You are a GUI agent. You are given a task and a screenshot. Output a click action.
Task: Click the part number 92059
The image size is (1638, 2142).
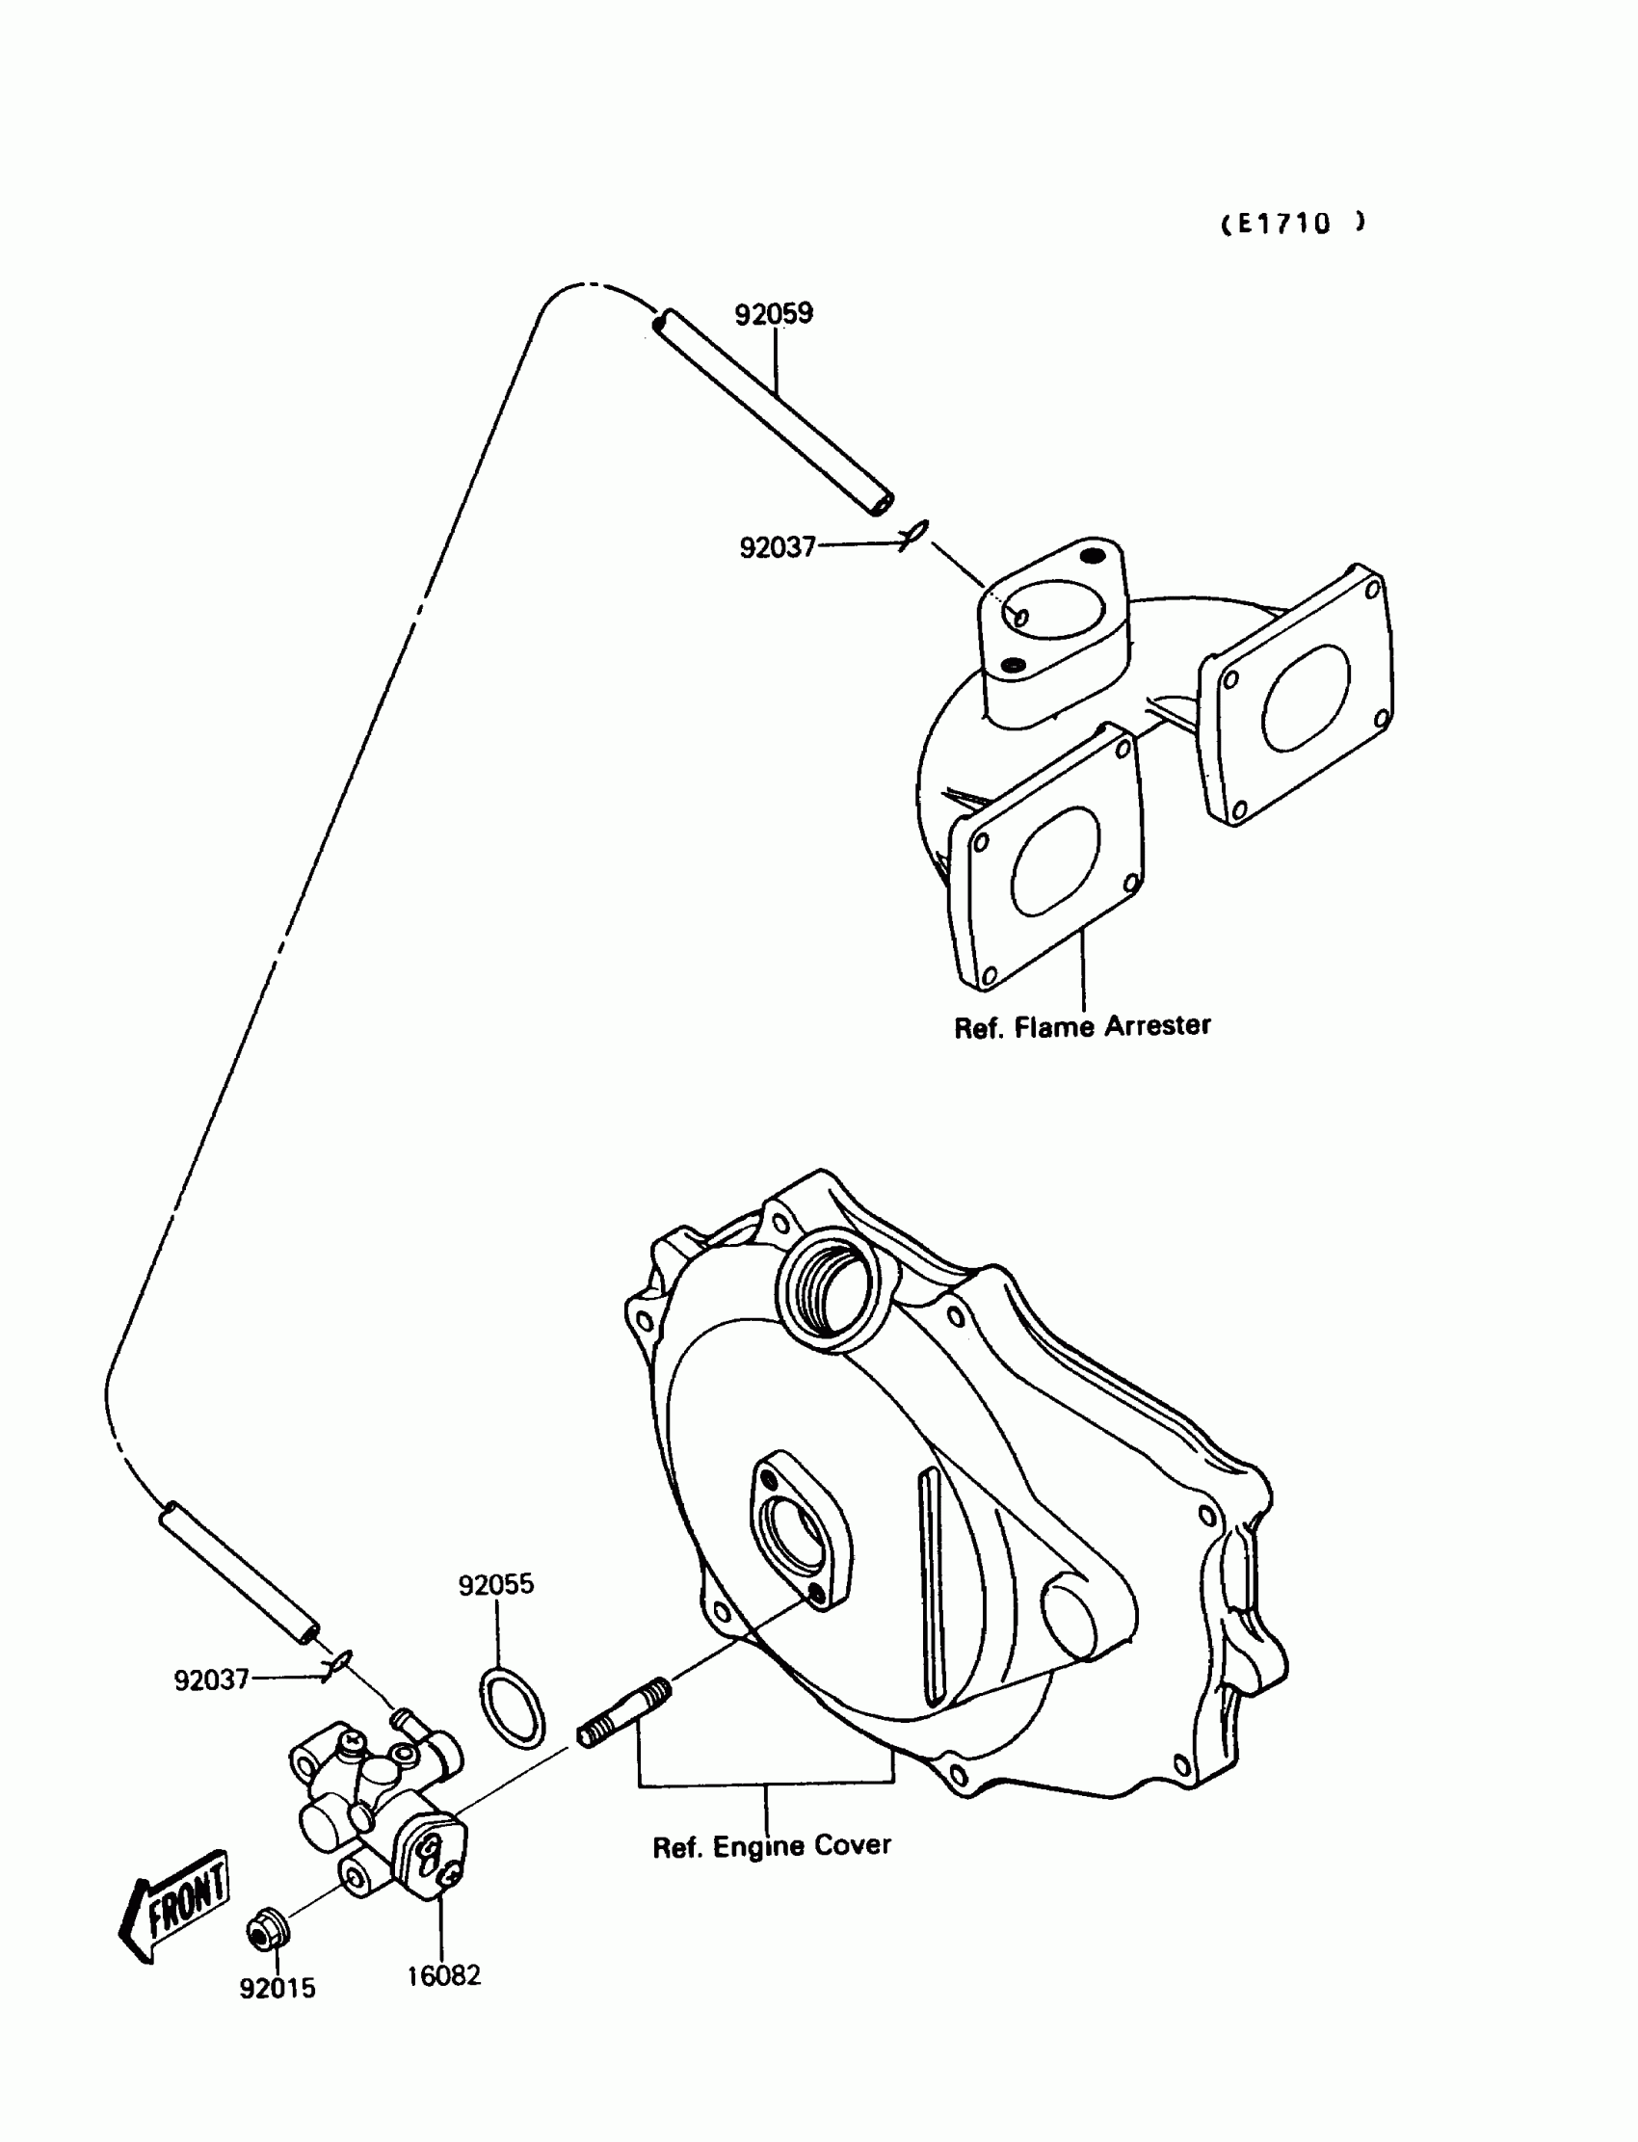[x=773, y=314]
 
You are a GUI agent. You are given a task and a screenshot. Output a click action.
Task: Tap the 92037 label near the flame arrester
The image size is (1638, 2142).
[x=777, y=548]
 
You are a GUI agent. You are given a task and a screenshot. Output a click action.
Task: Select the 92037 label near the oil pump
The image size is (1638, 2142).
[x=212, y=1679]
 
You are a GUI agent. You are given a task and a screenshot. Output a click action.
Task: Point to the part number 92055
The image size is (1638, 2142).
[x=496, y=1584]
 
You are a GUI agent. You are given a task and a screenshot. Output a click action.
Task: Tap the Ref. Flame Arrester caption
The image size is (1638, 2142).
[x=1082, y=1026]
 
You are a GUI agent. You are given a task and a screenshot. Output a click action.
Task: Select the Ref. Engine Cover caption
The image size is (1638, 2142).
[x=771, y=1846]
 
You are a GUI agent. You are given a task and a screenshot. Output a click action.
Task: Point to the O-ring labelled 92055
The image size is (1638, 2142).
[x=512, y=1706]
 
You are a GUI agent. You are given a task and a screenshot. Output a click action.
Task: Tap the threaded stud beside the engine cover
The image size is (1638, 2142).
[x=624, y=1712]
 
